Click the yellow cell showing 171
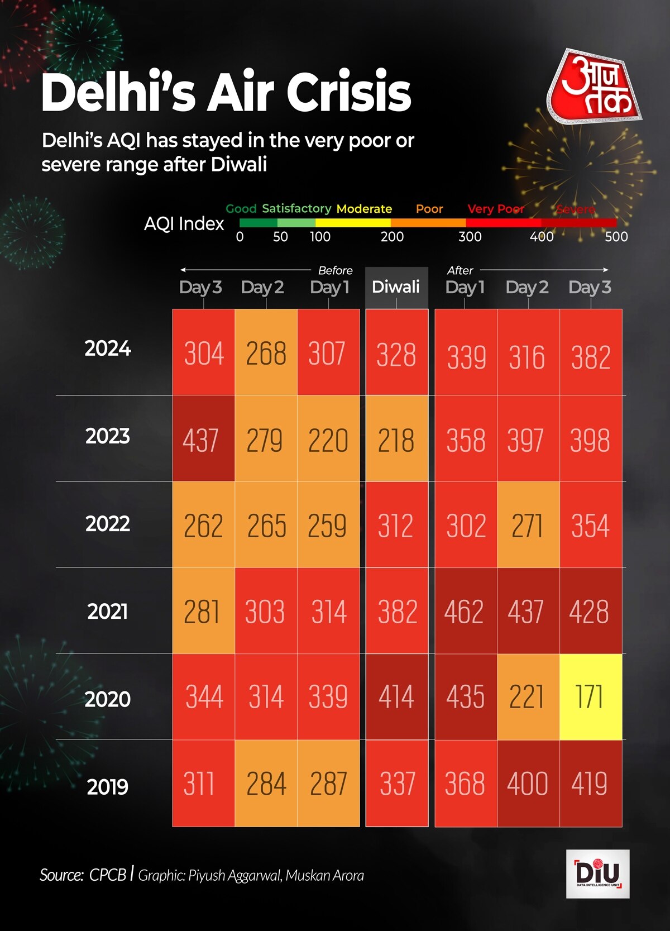(590, 697)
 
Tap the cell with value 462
(465, 611)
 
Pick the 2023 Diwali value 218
(396, 440)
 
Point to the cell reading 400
(528, 784)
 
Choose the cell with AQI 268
(266, 353)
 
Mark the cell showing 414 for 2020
(396, 697)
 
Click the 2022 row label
(108, 524)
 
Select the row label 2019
(108, 787)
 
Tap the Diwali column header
(396, 287)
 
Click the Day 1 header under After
(465, 287)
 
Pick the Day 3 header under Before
(200, 287)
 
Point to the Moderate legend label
(364, 209)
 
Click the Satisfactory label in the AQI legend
(296, 208)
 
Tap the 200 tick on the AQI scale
(392, 237)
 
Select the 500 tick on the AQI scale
(616, 237)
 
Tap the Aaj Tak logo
(595, 87)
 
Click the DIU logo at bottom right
(597, 873)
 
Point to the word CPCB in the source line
(108, 875)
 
